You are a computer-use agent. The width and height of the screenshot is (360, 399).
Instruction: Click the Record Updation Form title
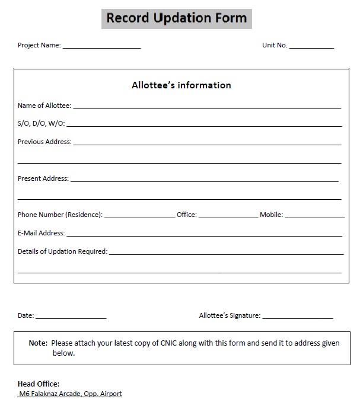point(176,18)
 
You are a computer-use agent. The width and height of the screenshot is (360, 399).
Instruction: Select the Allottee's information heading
point(181,85)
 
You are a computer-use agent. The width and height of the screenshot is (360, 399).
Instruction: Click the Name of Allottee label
point(44,106)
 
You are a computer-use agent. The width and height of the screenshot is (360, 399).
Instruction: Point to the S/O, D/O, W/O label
point(42,124)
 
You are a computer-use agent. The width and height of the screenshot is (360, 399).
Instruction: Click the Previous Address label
point(44,142)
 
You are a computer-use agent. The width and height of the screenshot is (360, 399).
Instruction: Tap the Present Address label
point(43,178)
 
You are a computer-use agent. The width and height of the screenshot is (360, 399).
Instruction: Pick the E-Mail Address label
point(41,233)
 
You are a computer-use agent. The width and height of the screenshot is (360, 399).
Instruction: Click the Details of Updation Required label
point(62,251)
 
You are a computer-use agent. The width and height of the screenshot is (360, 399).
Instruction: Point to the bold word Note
point(38,343)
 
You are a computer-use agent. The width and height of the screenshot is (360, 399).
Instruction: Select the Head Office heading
point(39,384)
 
